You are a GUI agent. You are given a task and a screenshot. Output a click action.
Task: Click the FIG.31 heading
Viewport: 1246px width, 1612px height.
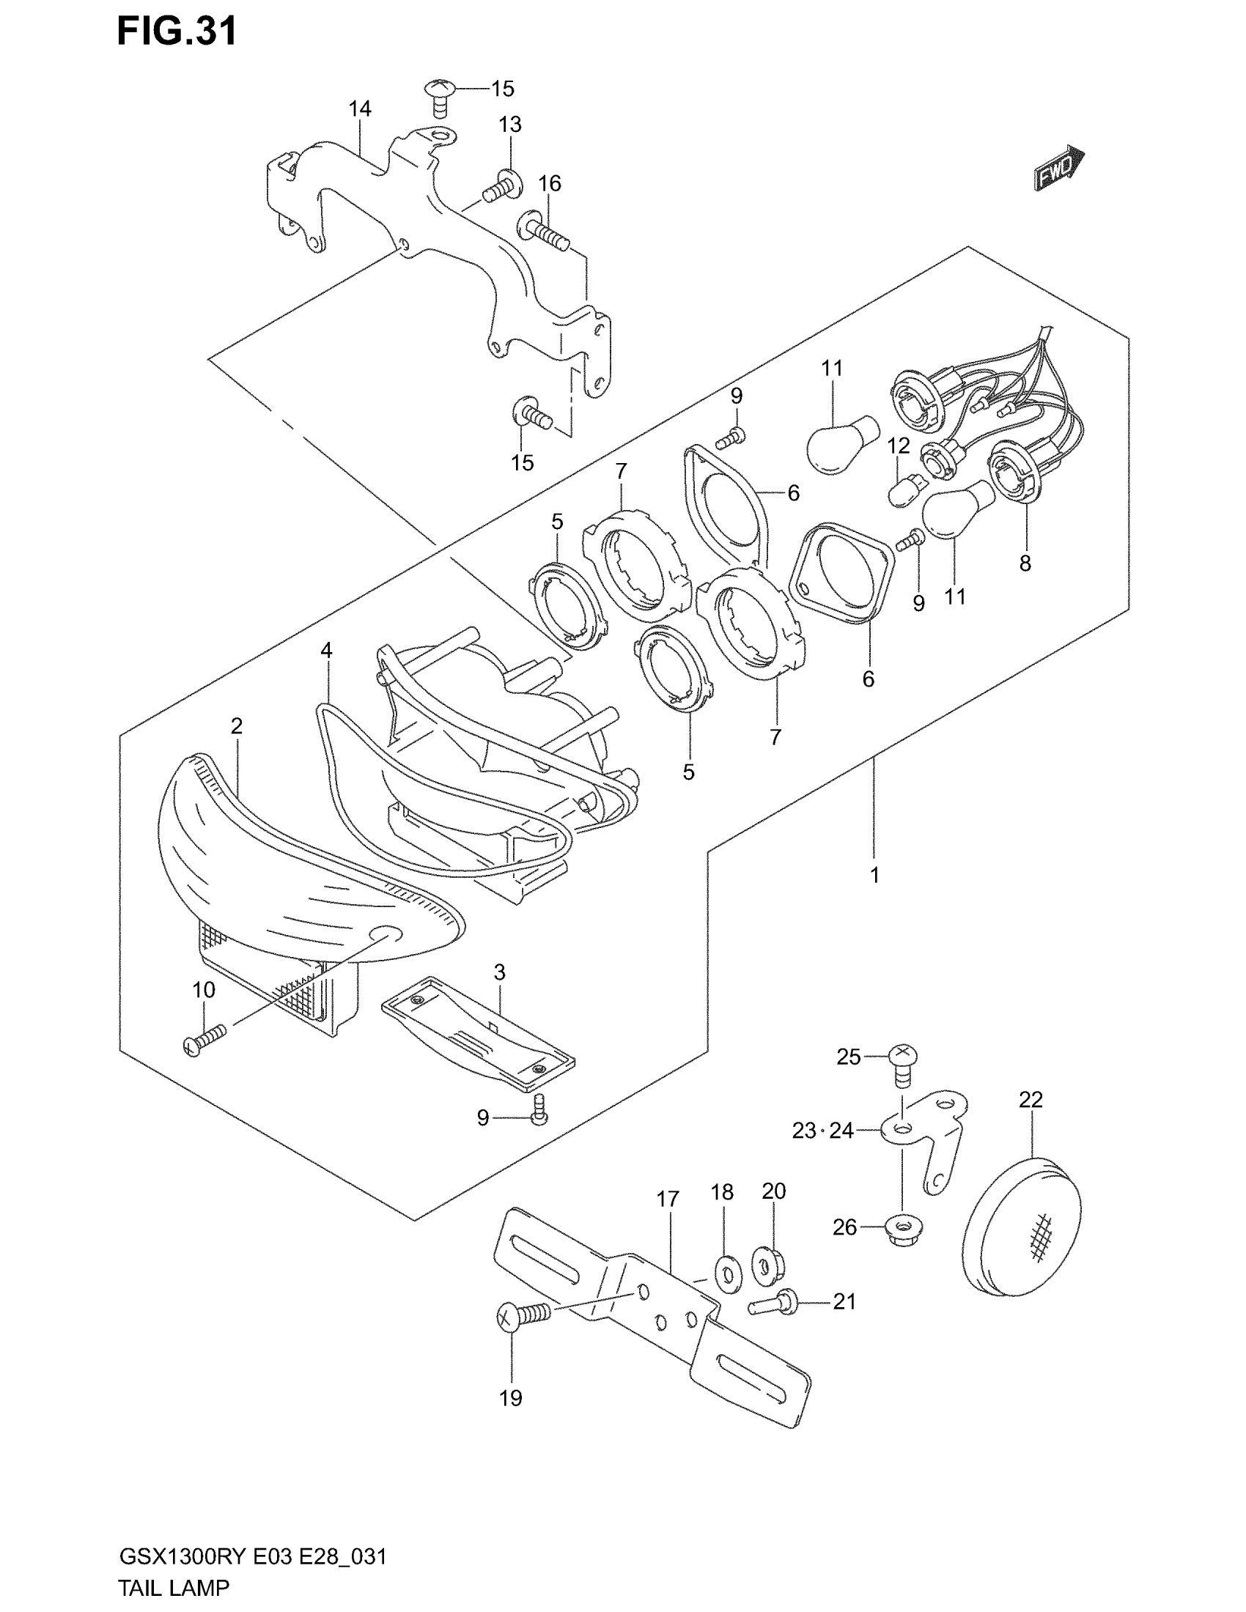click(x=177, y=32)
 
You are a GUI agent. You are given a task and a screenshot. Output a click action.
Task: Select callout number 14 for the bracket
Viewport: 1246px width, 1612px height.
click(x=359, y=109)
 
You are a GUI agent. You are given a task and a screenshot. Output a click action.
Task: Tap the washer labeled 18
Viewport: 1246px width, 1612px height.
click(x=727, y=1274)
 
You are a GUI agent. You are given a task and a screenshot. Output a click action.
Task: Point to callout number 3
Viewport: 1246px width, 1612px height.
click(x=500, y=973)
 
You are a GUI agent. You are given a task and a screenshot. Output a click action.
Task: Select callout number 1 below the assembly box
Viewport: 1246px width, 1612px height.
click(x=874, y=876)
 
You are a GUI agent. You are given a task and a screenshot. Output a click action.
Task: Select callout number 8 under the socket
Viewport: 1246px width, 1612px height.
click(x=1025, y=564)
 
